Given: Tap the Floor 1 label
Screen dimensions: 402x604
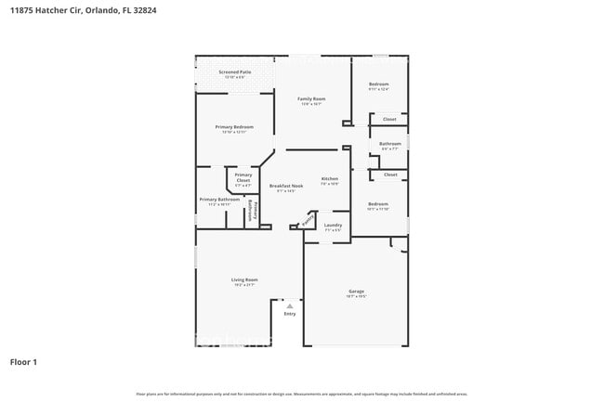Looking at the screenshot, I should pos(23,361).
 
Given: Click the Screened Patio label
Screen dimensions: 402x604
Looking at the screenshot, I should pos(234,71).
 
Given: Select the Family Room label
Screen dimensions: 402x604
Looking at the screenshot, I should pos(311,98).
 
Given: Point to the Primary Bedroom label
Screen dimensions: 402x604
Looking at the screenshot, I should pos(234,127).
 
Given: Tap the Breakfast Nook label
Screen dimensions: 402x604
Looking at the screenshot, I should pos(286,186).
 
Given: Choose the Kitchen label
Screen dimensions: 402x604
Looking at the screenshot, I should pos(330,178).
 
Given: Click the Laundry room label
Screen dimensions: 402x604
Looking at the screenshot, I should pos(333,225).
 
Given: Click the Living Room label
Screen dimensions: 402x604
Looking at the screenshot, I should pos(244,279).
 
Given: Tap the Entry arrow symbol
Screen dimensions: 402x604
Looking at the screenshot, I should pos(290,305).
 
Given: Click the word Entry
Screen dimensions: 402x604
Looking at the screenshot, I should pos(290,314).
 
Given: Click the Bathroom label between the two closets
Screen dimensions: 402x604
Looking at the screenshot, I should pos(390,143).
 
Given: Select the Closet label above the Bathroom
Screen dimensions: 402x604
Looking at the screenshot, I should pos(390,119).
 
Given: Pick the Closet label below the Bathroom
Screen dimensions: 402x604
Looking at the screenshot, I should pos(390,175).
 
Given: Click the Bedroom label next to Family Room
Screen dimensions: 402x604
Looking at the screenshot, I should pos(378,84).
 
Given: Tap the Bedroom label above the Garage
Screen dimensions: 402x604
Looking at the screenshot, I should pos(377,203).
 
